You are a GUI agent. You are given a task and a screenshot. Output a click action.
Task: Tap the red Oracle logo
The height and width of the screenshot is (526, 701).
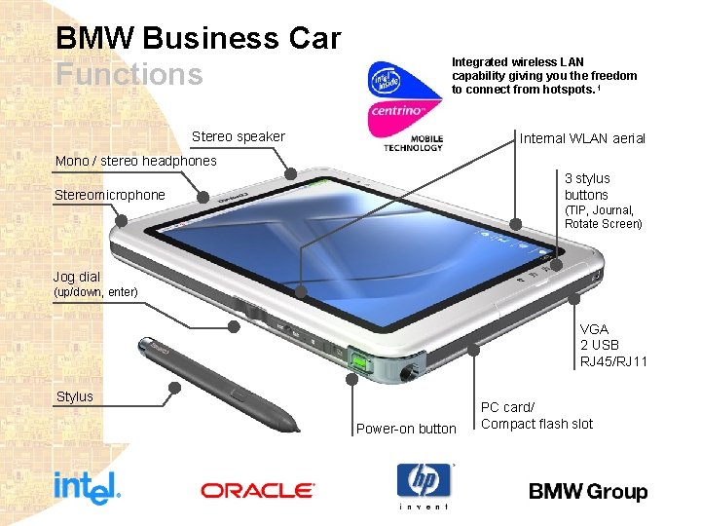click(258, 490)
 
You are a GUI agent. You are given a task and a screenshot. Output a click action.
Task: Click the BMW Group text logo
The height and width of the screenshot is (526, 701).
click(588, 492)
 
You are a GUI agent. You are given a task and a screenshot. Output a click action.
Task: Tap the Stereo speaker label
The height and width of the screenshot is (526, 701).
click(239, 136)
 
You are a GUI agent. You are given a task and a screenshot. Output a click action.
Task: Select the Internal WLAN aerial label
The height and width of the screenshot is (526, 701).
click(582, 138)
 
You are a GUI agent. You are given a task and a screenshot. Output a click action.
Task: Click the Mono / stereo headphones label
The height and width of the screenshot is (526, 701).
click(136, 161)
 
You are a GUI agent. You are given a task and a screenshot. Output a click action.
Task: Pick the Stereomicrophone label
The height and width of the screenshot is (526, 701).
click(110, 195)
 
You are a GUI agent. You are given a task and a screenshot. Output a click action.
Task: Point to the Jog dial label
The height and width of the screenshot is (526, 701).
click(77, 277)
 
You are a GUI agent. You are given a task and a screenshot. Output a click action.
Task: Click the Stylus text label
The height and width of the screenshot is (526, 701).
click(75, 396)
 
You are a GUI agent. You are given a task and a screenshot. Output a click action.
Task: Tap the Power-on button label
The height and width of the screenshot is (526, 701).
click(406, 429)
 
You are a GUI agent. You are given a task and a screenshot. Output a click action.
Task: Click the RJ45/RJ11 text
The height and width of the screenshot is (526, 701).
click(613, 361)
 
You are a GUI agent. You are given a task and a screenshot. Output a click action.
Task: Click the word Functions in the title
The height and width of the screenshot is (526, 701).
click(129, 74)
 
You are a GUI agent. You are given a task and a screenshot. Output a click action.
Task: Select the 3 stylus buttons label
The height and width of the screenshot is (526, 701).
click(587, 186)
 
